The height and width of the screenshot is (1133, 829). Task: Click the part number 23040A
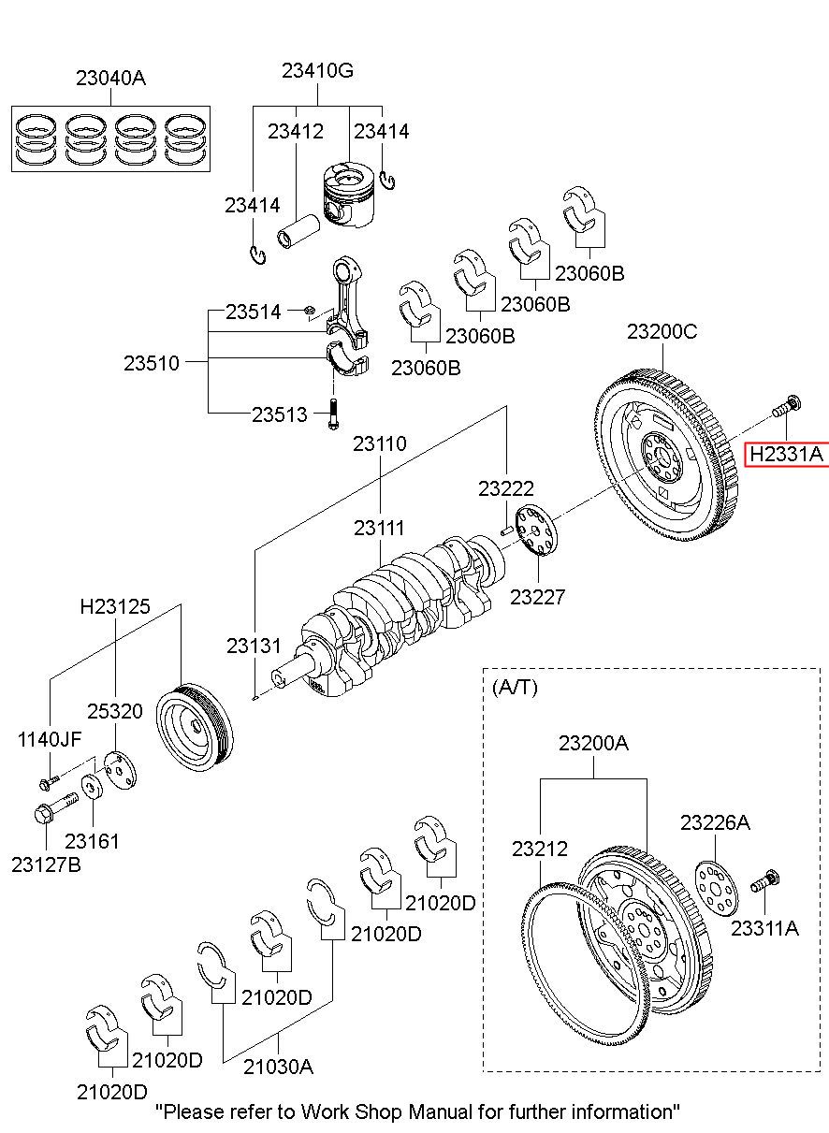pyautogui.click(x=110, y=80)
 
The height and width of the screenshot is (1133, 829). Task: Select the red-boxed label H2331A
pyautogui.click(x=787, y=455)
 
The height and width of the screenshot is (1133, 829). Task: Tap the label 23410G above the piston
pyautogui.click(x=318, y=71)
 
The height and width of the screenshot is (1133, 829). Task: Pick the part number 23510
pyautogui.click(x=151, y=362)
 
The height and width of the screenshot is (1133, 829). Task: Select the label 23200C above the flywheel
pyautogui.click(x=662, y=331)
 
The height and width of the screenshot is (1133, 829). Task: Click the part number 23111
pyautogui.click(x=379, y=529)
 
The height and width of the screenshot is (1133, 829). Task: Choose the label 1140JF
pyautogui.click(x=50, y=739)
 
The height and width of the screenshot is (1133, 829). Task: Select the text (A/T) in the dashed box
pyautogui.click(x=515, y=687)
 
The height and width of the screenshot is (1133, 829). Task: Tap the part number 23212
pyautogui.click(x=540, y=849)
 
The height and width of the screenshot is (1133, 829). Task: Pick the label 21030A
pyautogui.click(x=279, y=1066)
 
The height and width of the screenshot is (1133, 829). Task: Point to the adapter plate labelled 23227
pyautogui.click(x=536, y=531)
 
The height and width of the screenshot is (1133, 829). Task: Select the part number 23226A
pyautogui.click(x=715, y=822)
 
